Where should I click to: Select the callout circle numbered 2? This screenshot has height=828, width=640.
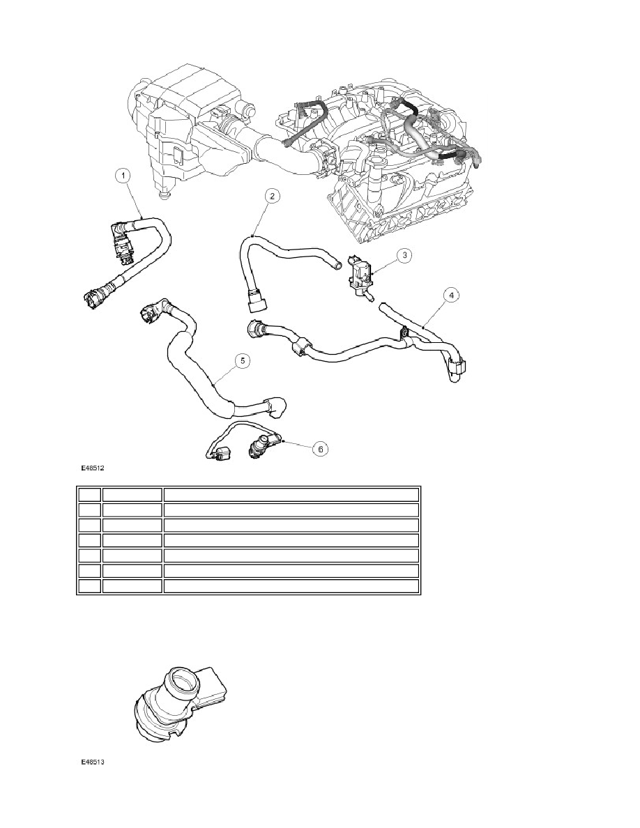point(272,197)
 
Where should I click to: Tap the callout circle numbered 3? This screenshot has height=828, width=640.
point(404,256)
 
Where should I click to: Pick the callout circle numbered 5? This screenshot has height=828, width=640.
point(243,360)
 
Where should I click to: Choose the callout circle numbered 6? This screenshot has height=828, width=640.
point(321,448)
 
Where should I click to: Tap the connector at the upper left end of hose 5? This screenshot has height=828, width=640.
point(148,314)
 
